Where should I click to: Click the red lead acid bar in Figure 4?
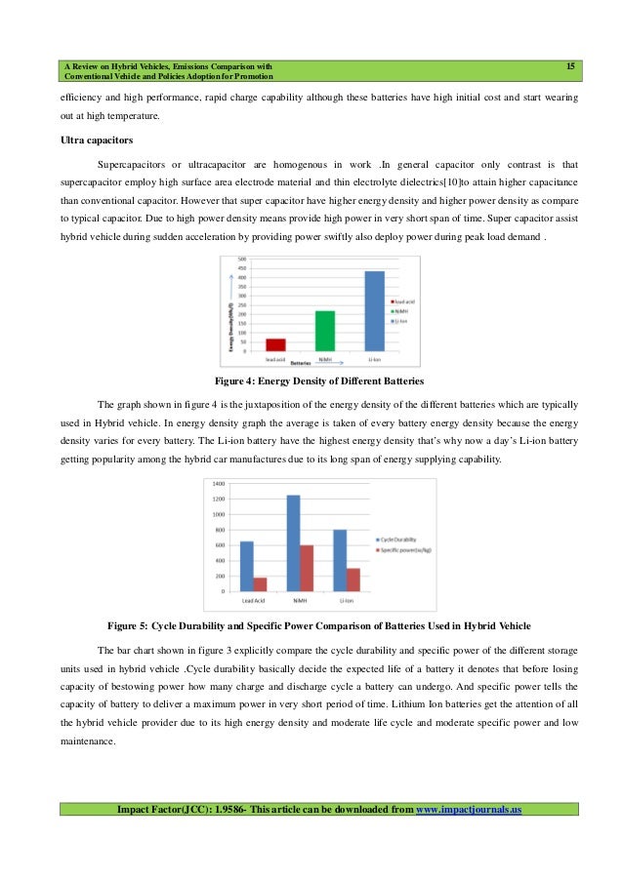[275, 344]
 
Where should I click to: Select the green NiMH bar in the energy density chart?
[325, 331]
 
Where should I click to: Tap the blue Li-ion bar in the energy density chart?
[374, 310]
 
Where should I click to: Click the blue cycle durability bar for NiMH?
[293, 542]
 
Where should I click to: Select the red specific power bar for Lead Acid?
[260, 583]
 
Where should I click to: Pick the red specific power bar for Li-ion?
[353, 580]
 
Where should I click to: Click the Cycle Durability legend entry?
[398, 539]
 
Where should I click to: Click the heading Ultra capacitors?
[94, 140]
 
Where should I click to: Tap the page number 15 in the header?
[571, 65]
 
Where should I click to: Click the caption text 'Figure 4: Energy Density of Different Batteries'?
[311, 380]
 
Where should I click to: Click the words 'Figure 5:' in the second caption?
[129, 625]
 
